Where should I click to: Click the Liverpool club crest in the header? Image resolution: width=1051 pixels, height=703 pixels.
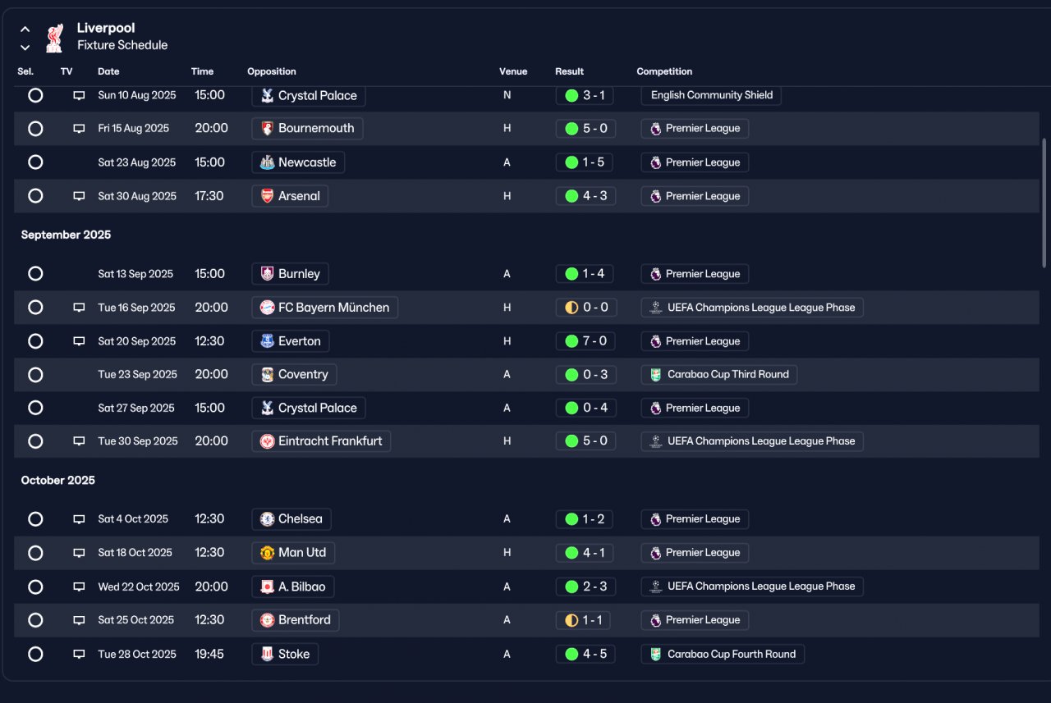tap(54, 38)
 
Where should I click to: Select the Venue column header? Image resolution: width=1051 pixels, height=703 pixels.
tap(513, 71)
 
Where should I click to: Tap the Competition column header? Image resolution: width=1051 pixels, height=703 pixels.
tap(664, 71)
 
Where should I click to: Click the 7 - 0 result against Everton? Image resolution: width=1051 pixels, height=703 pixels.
tap(594, 340)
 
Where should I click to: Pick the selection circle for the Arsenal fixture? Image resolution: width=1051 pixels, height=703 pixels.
tap(35, 195)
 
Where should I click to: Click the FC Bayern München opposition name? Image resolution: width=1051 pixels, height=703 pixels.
tap(333, 308)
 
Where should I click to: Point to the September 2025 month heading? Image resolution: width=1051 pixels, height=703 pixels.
tap(66, 235)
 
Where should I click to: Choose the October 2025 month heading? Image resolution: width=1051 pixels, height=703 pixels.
tap(57, 480)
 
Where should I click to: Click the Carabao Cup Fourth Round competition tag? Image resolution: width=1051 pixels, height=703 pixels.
tap(723, 654)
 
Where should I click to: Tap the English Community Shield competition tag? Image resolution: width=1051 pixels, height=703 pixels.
tap(711, 95)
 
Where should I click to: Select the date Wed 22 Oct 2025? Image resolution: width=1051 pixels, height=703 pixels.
tap(139, 587)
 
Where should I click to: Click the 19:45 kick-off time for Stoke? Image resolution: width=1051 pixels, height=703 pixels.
tap(209, 654)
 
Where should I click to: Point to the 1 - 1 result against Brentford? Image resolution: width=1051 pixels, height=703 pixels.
tap(592, 619)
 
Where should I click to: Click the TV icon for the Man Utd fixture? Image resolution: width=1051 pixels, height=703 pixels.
tap(79, 553)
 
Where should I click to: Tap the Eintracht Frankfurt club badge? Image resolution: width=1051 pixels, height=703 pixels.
tap(267, 441)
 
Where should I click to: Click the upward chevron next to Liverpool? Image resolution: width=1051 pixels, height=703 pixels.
tap(25, 29)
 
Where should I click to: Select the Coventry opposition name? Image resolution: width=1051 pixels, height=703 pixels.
tap(303, 374)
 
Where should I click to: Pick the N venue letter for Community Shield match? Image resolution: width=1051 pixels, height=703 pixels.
tap(507, 95)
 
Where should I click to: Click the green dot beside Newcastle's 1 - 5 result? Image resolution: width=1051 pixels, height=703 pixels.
tap(571, 162)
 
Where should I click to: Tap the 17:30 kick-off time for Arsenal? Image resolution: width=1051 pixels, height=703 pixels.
tap(209, 195)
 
